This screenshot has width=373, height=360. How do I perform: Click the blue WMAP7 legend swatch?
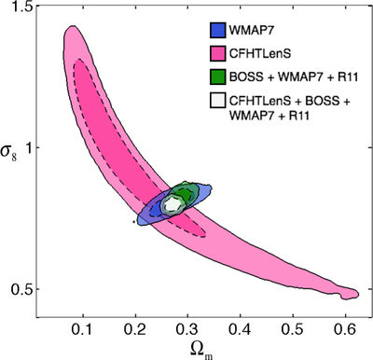217,30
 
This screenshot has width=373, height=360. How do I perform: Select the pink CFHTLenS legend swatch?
217,53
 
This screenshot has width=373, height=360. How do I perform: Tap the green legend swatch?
217,76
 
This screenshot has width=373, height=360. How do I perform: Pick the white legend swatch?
217,101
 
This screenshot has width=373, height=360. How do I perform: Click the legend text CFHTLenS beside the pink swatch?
260,54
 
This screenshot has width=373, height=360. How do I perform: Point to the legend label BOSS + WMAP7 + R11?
294,77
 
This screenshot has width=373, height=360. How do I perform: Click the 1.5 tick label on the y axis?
21,7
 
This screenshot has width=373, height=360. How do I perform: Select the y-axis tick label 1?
30,148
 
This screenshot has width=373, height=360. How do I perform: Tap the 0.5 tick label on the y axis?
21,289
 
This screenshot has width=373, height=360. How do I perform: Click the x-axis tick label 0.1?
83,329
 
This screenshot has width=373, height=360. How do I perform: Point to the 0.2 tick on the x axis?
135,329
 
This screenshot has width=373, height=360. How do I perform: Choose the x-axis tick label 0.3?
187,329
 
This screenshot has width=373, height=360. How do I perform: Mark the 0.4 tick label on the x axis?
240,329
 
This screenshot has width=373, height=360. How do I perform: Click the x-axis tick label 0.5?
293,329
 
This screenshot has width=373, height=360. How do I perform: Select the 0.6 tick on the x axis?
345,329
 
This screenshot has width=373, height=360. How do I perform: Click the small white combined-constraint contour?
172,204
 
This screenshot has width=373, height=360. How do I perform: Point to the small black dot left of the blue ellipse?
133,222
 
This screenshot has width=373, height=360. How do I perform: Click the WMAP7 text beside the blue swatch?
252,31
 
